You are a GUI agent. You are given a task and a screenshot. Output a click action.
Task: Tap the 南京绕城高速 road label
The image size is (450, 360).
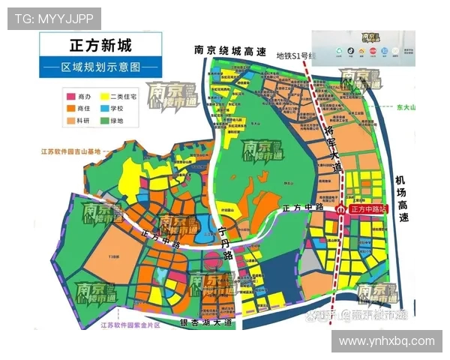[230, 51]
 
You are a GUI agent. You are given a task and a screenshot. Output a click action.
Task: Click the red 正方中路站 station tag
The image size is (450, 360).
[368, 210]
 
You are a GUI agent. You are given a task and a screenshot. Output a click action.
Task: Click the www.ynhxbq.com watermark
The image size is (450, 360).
[386, 340]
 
